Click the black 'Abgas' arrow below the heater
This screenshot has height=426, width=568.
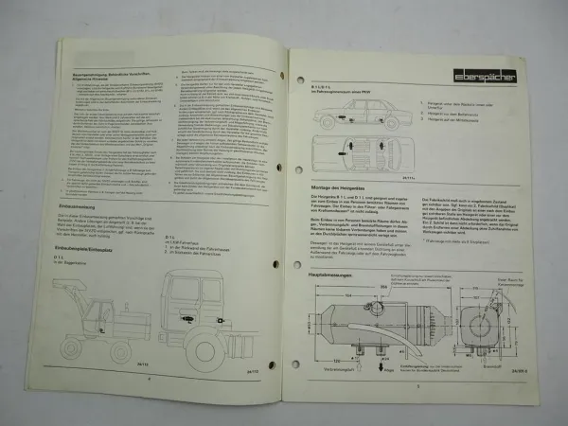coord(382,364)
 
